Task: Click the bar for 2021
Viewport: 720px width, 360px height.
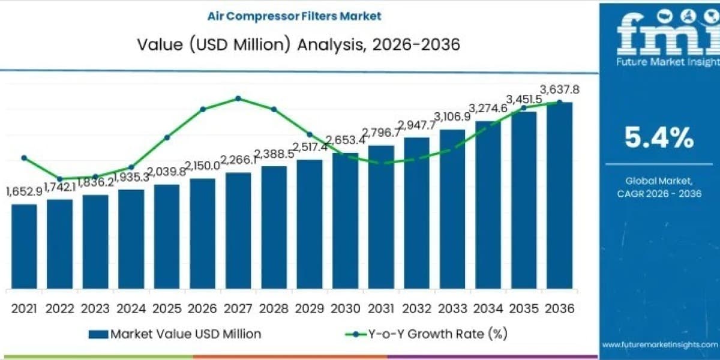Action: point(24,247)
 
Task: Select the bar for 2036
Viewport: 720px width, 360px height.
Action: point(560,196)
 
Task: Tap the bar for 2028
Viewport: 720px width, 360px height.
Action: point(274,227)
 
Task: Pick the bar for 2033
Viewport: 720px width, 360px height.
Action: point(452,209)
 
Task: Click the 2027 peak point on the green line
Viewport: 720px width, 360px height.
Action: point(238,98)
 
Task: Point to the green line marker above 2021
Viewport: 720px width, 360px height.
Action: point(24,158)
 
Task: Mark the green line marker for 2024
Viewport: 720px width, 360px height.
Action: point(131,167)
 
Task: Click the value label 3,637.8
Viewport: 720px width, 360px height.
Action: point(560,89)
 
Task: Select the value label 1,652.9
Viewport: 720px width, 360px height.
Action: point(25,192)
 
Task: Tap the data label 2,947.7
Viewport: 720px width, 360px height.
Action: point(417,125)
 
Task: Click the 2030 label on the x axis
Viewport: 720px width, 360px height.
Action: point(346,309)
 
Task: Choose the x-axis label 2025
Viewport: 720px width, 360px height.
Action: point(167,309)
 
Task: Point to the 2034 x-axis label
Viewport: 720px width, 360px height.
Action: point(488,309)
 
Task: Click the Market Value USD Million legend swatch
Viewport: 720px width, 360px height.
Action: point(98,334)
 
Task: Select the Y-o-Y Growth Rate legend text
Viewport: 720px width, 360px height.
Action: point(438,334)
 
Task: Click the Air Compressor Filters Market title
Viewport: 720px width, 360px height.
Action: point(295,16)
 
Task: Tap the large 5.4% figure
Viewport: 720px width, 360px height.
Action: point(659,137)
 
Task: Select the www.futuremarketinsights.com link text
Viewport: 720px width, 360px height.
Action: point(660,344)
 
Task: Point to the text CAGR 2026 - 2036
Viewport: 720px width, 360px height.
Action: point(659,193)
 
